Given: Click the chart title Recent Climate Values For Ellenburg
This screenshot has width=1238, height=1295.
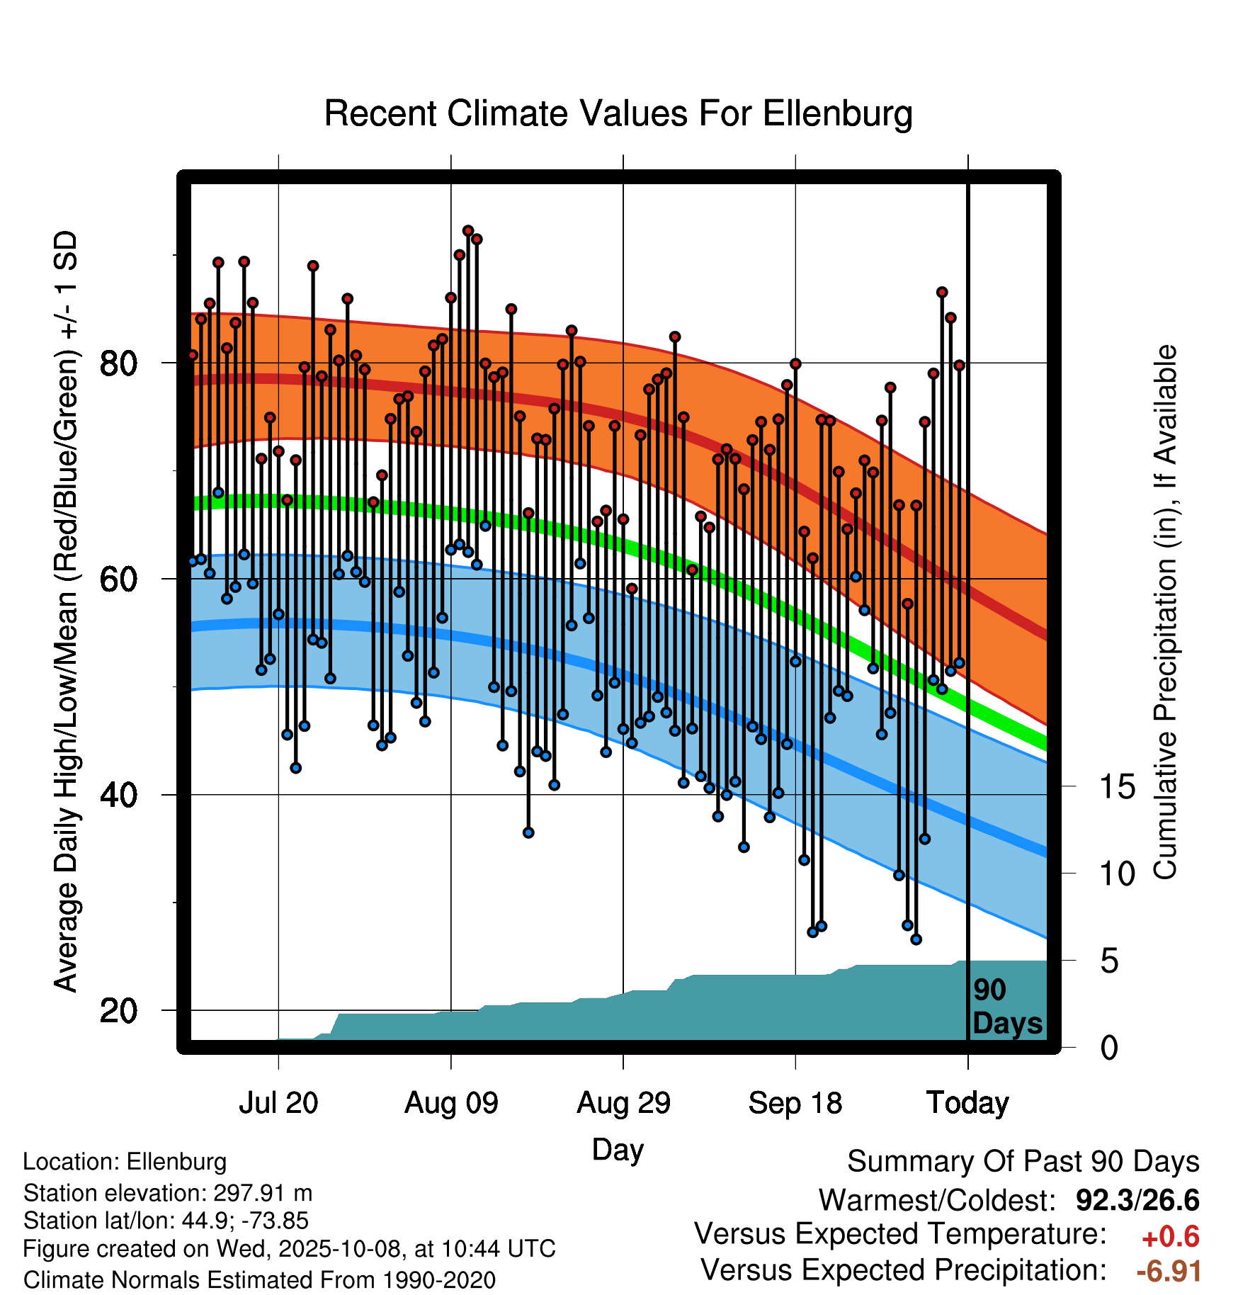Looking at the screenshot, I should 618,114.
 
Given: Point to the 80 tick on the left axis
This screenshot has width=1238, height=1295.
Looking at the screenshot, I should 118,363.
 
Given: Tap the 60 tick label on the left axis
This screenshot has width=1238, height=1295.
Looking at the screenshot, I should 118,579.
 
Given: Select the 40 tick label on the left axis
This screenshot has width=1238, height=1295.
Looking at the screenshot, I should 118,795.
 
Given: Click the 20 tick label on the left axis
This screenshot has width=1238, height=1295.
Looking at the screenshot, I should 118,1010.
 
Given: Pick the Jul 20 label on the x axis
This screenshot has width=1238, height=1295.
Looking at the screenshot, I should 278,1103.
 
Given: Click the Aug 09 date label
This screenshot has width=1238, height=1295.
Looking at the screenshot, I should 451,1103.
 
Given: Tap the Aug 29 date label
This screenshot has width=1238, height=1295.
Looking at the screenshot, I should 623,1103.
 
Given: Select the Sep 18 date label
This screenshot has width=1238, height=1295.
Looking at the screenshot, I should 795,1103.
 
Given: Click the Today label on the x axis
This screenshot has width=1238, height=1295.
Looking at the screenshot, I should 967,1103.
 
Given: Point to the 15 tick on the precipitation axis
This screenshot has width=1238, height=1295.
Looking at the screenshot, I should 1117,787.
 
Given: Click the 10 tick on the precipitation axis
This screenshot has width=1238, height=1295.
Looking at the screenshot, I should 1117,874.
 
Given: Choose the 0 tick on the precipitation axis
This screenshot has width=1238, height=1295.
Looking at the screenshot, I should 1109,1048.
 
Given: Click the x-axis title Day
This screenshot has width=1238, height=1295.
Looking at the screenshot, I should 618,1149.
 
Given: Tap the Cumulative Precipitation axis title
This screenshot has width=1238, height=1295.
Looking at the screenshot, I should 1165,613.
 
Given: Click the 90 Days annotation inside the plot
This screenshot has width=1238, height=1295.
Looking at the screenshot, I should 1006,1007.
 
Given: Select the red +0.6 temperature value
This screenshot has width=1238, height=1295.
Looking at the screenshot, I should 1170,1238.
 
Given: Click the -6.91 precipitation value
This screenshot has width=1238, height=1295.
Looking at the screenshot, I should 1169,1272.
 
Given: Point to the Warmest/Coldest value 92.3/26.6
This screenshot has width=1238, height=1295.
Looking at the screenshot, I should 1137,1201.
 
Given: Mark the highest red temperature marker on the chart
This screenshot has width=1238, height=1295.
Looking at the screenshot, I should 468,231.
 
